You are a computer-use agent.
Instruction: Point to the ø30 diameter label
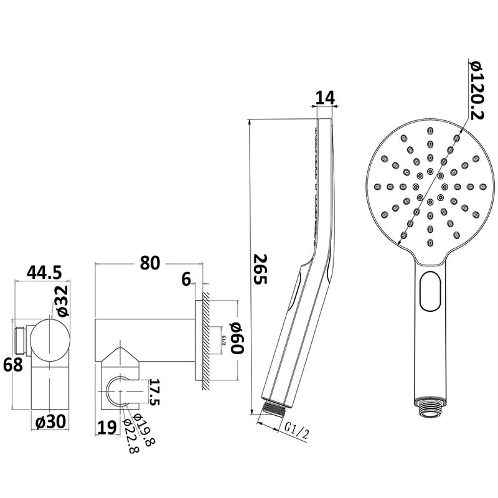[x=51, y=421]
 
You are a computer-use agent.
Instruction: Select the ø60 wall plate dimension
[x=237, y=337]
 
